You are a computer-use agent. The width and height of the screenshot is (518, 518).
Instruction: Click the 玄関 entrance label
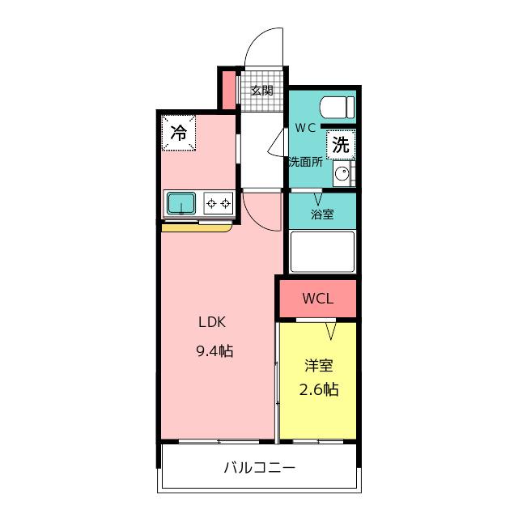click(x=261, y=90)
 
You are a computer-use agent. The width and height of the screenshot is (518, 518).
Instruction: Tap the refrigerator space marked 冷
click(x=179, y=133)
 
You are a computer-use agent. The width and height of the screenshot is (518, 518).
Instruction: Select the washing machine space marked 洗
click(x=341, y=145)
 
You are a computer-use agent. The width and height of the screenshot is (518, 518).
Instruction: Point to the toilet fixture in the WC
click(x=337, y=108)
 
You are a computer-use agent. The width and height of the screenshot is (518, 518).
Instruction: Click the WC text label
click(x=305, y=128)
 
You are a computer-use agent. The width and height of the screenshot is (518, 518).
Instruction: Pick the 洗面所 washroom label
click(x=306, y=162)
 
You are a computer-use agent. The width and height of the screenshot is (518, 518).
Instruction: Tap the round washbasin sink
click(x=342, y=173)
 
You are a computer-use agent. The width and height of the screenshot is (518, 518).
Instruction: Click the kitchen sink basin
click(x=181, y=203)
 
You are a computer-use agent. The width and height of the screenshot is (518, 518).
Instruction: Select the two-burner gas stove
click(x=219, y=203)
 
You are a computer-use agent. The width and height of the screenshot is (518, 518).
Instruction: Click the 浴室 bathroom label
click(x=322, y=214)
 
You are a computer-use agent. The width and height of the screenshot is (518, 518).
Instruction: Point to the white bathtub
click(x=322, y=252)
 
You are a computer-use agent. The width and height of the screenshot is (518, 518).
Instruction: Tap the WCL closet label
click(x=318, y=299)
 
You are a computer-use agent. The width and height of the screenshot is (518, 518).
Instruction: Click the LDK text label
click(x=212, y=322)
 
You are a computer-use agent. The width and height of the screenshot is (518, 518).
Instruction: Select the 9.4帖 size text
click(x=214, y=350)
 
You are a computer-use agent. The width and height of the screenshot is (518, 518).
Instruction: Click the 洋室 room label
click(x=318, y=366)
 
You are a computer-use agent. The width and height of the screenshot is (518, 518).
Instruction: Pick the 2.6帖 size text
click(x=319, y=389)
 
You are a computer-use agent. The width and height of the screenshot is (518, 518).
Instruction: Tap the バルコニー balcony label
click(x=259, y=468)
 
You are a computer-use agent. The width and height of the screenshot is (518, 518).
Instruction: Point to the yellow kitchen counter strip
click(x=197, y=228)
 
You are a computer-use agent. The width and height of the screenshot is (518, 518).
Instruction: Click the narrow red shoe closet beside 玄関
click(x=228, y=90)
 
